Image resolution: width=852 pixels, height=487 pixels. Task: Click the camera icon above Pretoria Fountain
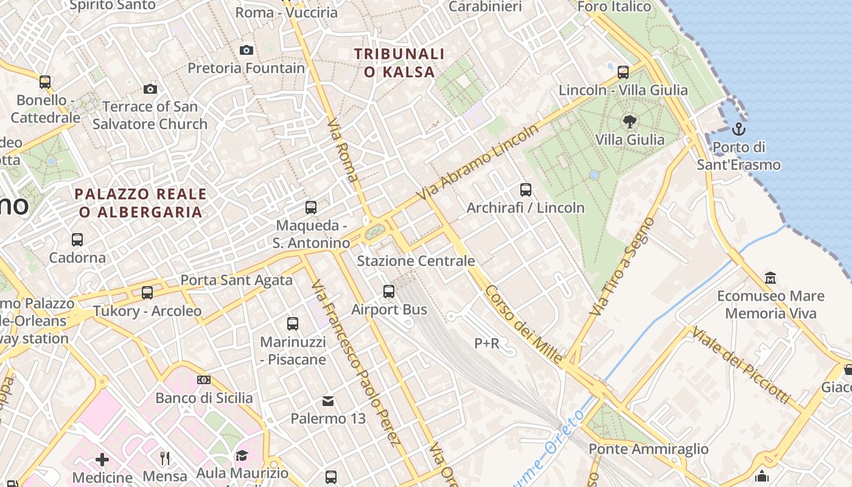[x=246, y=50]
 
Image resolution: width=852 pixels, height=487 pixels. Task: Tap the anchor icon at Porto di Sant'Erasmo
[x=738, y=129]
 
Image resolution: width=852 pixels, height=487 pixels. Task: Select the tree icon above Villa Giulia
[x=630, y=122]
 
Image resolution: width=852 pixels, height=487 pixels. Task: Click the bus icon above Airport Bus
[x=389, y=292]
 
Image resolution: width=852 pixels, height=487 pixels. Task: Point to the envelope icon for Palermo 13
[x=328, y=401]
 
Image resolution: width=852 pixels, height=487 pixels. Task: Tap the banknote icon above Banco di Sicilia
[x=204, y=380]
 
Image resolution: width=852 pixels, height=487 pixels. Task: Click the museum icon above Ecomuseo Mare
[x=770, y=278]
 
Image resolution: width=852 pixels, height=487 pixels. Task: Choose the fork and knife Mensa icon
[x=165, y=458]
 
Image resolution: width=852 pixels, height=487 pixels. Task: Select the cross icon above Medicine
[x=102, y=459]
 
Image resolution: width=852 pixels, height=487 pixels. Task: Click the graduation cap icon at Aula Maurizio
[x=242, y=456]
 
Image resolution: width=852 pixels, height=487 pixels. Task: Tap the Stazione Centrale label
[x=416, y=261]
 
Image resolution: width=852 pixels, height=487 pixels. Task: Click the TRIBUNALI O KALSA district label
[x=399, y=63]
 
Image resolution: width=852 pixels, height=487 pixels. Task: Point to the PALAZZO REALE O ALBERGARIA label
[x=141, y=203]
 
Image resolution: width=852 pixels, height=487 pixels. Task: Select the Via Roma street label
[x=343, y=150]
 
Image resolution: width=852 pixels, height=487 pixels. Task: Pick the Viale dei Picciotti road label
[x=741, y=366]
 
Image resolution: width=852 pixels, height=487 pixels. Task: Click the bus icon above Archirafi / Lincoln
[x=526, y=190]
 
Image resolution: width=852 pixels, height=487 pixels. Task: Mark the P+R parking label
[x=487, y=344]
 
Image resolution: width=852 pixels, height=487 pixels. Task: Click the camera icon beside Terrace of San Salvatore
[x=150, y=89]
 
